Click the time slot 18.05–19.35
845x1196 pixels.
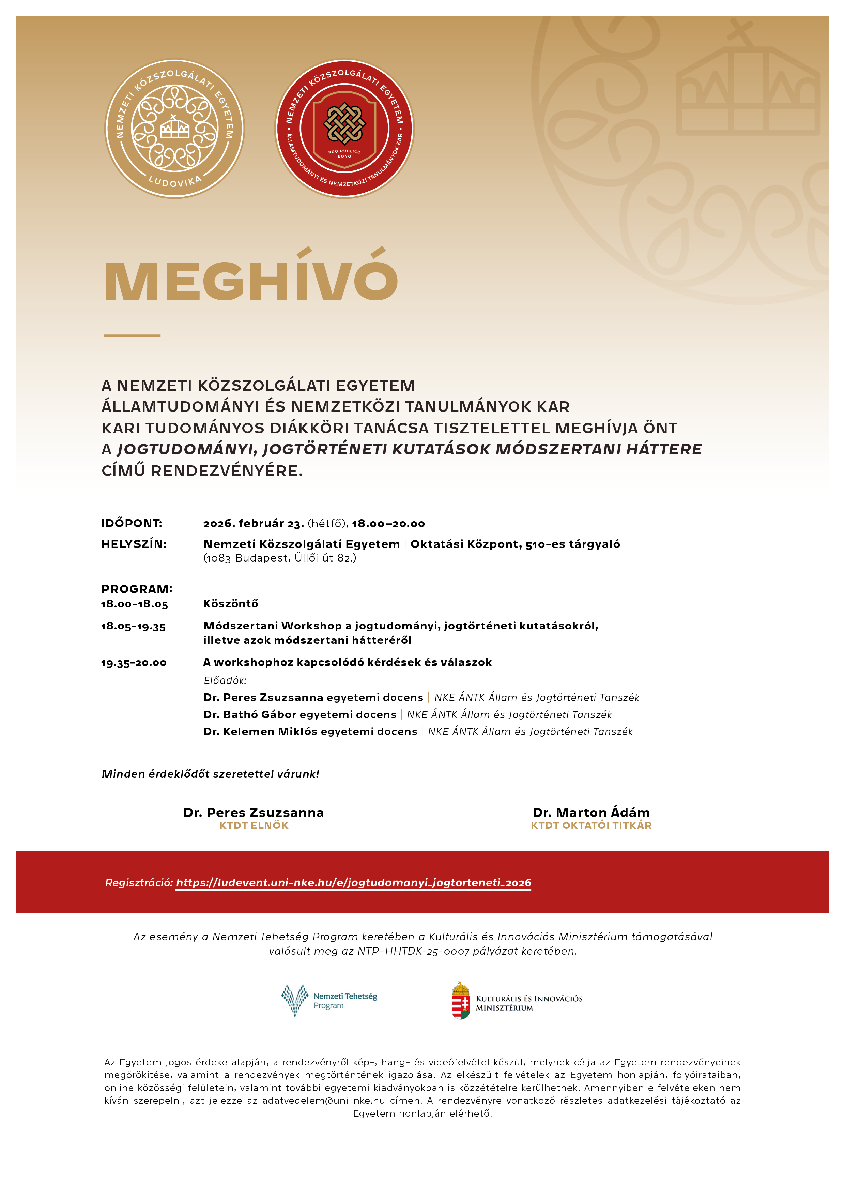pyautogui.click(x=133, y=626)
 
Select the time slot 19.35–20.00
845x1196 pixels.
pyautogui.click(x=134, y=662)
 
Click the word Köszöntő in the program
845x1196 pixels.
pyautogui.click(x=231, y=604)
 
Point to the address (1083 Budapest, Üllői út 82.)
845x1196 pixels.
pyautogui.click(x=280, y=558)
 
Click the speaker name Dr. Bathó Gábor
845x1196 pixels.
pyautogui.click(x=250, y=714)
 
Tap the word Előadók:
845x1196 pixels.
pyautogui.click(x=225, y=680)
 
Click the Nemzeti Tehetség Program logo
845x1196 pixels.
pyautogui.click(x=329, y=1000)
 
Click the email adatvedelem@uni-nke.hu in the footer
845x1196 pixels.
pyautogui.click(x=323, y=1100)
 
